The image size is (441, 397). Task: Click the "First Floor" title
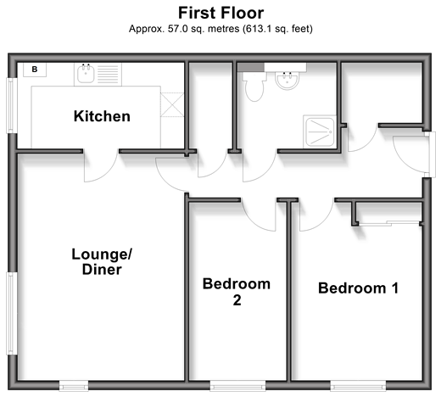pyautogui.click(x=221, y=13)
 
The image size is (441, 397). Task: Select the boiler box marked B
pyautogui.click(x=35, y=70)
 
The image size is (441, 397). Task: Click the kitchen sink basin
pyautogui.click(x=86, y=74)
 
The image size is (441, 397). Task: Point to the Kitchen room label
pyautogui.click(x=102, y=116)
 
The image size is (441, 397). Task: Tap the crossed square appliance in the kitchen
pyautogui.click(x=172, y=104)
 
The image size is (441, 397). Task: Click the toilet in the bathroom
pyautogui.click(x=254, y=87)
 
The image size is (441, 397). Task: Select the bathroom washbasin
pyautogui.click(x=287, y=81)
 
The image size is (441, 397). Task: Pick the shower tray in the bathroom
pyautogui.click(x=320, y=131)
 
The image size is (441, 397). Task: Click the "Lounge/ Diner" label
pyautogui.click(x=102, y=261)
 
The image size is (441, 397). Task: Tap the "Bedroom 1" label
pyautogui.click(x=359, y=288)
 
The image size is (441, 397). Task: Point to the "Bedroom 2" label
pyautogui.click(x=237, y=292)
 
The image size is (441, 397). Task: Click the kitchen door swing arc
pyautogui.click(x=108, y=172)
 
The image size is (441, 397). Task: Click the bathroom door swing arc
pyautogui.click(x=265, y=172)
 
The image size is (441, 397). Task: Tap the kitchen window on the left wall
pyautogui.click(x=11, y=105)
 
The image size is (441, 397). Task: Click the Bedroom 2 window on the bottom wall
pyautogui.click(x=237, y=386)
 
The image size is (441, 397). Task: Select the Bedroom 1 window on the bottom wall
pyautogui.click(x=358, y=386)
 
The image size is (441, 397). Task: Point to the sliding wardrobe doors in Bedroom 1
pyautogui.click(x=388, y=223)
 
